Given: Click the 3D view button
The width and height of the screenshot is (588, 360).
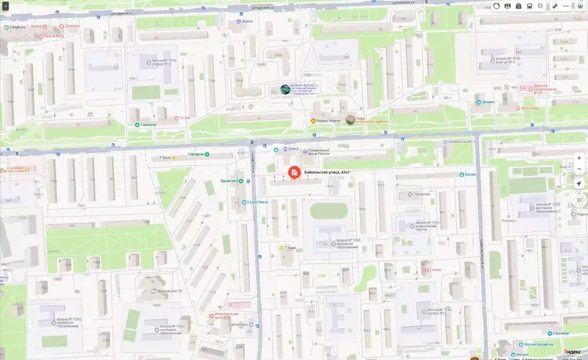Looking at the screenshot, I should (x=579, y=199).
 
